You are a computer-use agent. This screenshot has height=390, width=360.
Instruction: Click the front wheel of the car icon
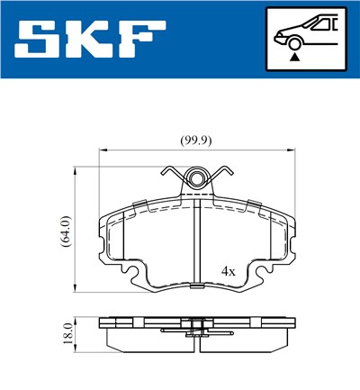click(x=294, y=41)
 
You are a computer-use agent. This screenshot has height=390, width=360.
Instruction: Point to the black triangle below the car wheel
click(x=294, y=57)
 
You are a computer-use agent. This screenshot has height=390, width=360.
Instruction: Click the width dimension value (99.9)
click(x=195, y=140)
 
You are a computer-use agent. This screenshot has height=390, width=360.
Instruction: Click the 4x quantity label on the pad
click(x=229, y=270)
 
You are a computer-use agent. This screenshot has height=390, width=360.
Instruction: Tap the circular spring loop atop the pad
click(x=196, y=178)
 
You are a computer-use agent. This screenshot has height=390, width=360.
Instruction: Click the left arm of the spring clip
click(x=172, y=173)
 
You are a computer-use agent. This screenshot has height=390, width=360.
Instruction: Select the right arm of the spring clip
click(x=221, y=173)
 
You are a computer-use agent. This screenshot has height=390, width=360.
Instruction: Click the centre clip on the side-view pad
click(x=195, y=331)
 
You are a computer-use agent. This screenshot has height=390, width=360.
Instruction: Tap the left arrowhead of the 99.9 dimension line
click(x=101, y=150)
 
